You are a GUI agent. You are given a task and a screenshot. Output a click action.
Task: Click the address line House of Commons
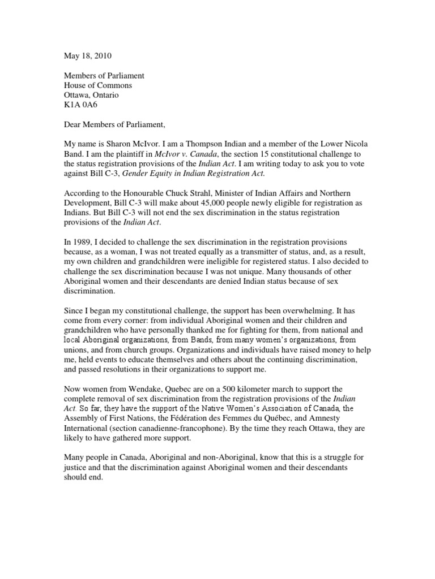tap(97, 85)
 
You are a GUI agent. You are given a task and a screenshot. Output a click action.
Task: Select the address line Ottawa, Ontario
tap(91, 96)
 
